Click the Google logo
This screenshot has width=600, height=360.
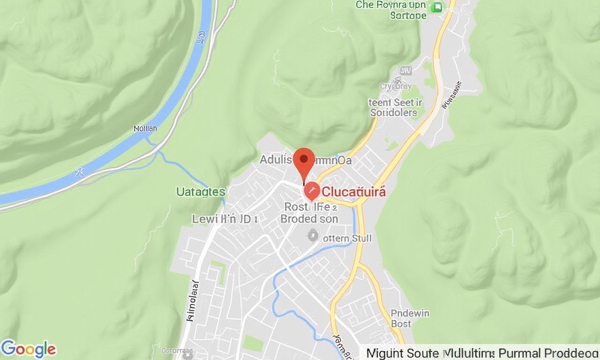pyautogui.click(x=29, y=350)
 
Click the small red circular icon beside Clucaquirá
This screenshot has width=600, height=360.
pyautogui.click(x=312, y=192)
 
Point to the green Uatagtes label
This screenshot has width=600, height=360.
pyautogui.click(x=200, y=191)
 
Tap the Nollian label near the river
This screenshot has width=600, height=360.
pyautogui.click(x=145, y=128)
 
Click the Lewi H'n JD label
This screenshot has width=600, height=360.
pyautogui.click(x=224, y=218)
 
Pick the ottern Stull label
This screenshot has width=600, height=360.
pyautogui.click(x=347, y=239)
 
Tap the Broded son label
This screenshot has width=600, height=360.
pyautogui.click(x=309, y=218)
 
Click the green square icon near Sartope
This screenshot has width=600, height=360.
pyautogui.click(x=438, y=7)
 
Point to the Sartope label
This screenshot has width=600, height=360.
pyautogui.click(x=408, y=15)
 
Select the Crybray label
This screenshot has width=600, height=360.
pyautogui.click(x=395, y=86)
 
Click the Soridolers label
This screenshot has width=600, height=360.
pyautogui.click(x=393, y=112)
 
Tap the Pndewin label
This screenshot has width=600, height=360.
pyautogui.click(x=410, y=313)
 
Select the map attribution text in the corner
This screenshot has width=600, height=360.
pyautogui.click(x=482, y=353)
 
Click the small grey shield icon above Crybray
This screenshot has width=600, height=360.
pyautogui.click(x=405, y=71)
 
